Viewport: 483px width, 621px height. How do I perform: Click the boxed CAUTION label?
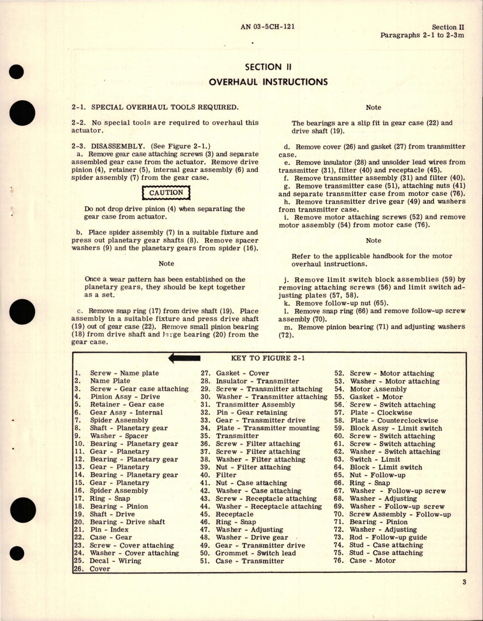(166, 193)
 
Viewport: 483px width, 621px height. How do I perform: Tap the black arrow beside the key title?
(184, 358)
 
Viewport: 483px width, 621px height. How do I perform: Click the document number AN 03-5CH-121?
(268, 27)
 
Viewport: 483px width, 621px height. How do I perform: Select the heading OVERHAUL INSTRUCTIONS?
(268, 82)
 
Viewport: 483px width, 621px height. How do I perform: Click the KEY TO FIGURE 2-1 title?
(268, 358)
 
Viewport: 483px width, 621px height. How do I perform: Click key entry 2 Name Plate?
(110, 381)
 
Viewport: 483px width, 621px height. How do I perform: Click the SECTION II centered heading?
(268, 67)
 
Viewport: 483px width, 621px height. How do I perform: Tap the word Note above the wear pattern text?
(166, 264)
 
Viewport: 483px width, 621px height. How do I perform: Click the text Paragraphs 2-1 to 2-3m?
(422, 35)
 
